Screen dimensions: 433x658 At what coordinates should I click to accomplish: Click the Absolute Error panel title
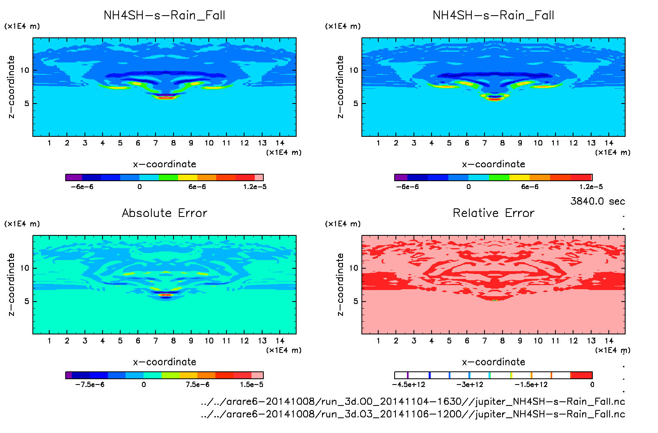pyautogui.click(x=164, y=213)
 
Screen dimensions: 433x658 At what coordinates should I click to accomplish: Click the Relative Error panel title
pyautogui.click(x=493, y=213)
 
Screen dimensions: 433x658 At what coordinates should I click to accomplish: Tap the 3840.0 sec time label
pyautogui.click(x=597, y=201)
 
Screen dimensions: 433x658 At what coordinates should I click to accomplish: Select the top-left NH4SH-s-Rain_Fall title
pyautogui.click(x=164, y=16)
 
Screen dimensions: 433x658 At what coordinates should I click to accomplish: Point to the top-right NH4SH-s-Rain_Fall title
pyautogui.click(x=493, y=16)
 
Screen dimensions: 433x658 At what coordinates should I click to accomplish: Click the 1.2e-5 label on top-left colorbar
pyautogui.click(x=254, y=187)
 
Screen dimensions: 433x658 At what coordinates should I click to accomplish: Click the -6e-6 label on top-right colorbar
pyautogui.click(x=407, y=187)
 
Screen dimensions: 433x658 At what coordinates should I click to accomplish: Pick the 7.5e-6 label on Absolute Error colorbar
pyautogui.click(x=197, y=385)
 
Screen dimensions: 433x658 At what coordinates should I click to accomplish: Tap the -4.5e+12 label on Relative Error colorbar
pyautogui.click(x=409, y=385)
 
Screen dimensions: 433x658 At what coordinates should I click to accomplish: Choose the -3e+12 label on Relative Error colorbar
pyautogui.click(x=470, y=385)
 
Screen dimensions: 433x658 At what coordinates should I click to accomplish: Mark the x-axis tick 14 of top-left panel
pyautogui.click(x=280, y=143)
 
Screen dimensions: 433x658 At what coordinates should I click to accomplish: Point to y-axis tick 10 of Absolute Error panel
pyautogui.click(x=25, y=268)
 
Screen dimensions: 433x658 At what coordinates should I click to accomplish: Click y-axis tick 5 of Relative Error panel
pyautogui.click(x=356, y=302)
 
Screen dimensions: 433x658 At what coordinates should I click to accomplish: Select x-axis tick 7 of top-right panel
pyautogui.click(x=484, y=143)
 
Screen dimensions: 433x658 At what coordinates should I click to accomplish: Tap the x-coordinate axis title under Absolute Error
pyautogui.click(x=164, y=362)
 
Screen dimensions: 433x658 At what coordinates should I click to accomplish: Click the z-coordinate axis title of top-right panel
pyautogui.click(x=340, y=87)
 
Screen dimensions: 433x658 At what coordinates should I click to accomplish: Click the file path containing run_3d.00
pyautogui.click(x=413, y=401)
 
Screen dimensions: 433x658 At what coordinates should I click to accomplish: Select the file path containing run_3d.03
pyautogui.click(x=413, y=414)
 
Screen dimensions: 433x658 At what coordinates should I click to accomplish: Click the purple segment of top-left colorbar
pyautogui.click(x=74, y=177)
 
